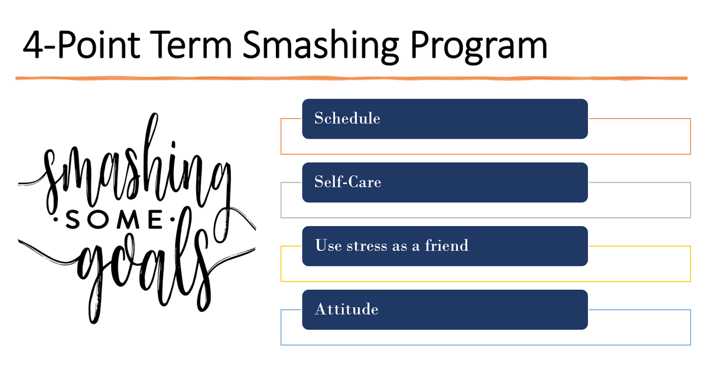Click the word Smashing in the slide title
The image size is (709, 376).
click(321, 47)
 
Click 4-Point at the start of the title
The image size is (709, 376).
click(82, 44)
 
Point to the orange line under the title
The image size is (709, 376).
click(352, 78)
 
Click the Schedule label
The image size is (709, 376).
click(347, 118)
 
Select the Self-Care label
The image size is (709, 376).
click(348, 182)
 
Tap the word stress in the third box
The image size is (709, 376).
click(366, 246)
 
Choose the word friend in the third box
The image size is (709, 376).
click(446, 246)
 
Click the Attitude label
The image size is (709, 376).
click(347, 309)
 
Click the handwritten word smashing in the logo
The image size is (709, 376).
click(136, 168)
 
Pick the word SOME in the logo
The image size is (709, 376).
click(114, 220)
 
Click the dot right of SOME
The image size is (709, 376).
click(173, 219)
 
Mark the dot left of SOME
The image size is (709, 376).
click(56, 220)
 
